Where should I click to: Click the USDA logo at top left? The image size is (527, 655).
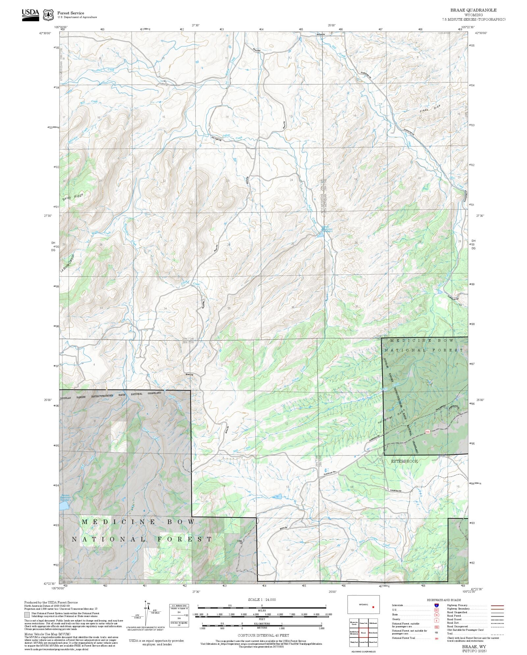tap(30, 15)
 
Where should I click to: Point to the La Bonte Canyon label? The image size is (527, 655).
tap(68, 263)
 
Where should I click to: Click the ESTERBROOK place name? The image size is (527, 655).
tap(404, 461)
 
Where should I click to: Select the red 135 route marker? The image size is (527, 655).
tap(428, 431)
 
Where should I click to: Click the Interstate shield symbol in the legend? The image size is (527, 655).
tap(436, 606)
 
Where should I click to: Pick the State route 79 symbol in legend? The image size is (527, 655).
tap(436, 615)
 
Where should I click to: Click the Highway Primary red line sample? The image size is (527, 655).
tap(497, 606)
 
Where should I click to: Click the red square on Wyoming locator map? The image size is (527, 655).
tap(373, 607)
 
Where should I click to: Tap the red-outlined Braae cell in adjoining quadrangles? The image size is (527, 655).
tap(363, 633)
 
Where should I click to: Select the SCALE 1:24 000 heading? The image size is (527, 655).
tap(262, 600)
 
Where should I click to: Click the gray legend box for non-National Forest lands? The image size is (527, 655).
tap(27, 615)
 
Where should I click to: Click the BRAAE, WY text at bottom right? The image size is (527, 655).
tap(474, 647)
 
